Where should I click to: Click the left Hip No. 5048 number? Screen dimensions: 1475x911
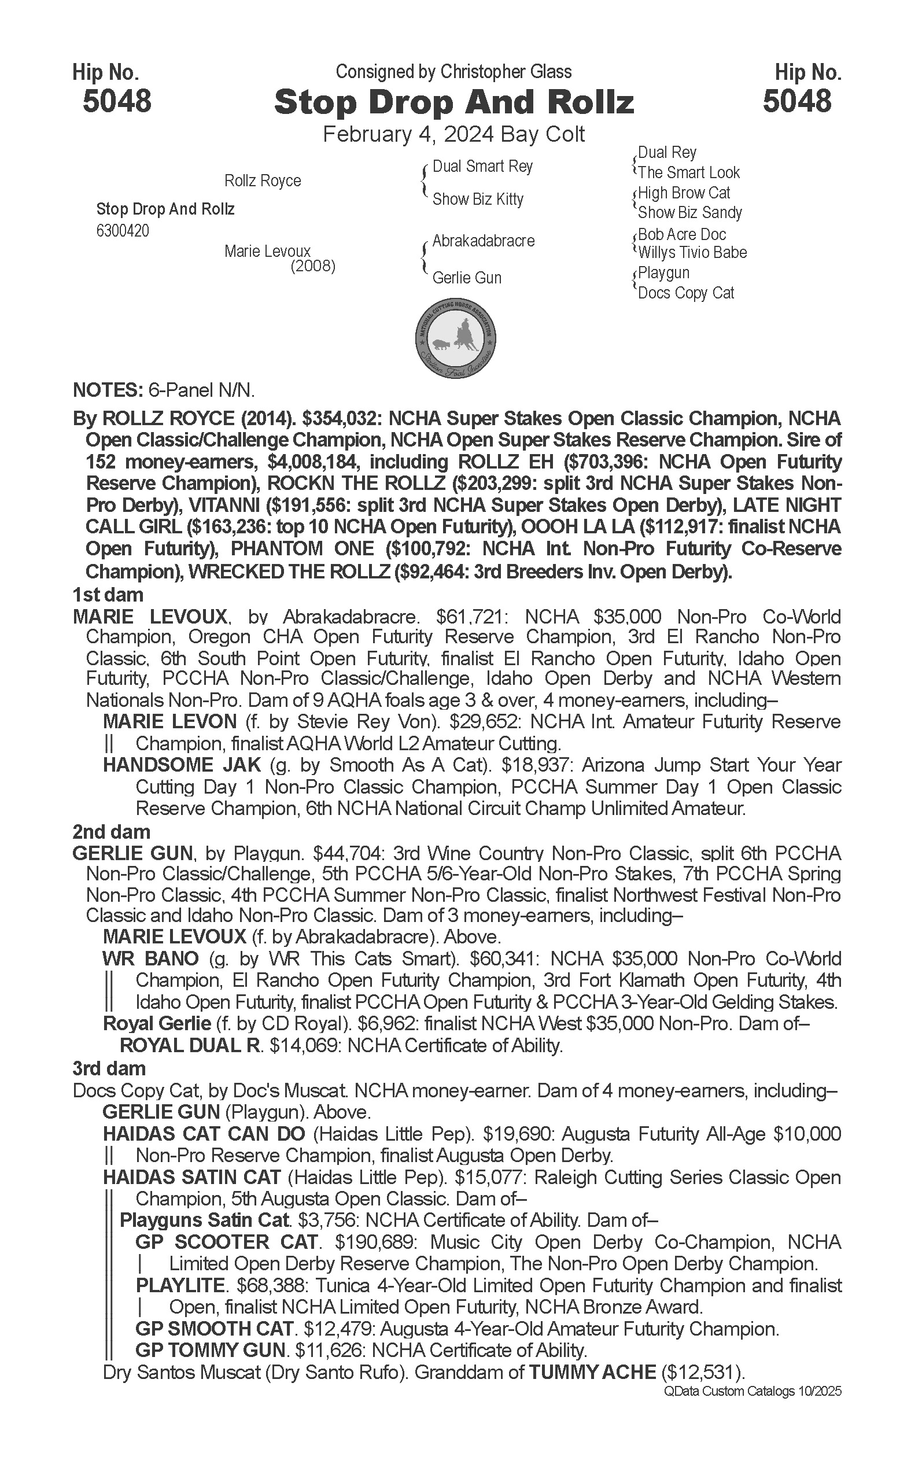pyautogui.click(x=117, y=101)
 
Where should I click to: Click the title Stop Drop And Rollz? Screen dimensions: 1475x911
pyautogui.click(x=453, y=103)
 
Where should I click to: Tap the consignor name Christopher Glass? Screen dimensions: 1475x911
pyautogui.click(x=506, y=72)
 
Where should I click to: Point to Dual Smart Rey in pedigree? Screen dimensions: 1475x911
pyautogui.click(x=482, y=167)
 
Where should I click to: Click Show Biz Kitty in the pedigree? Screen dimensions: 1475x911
pyautogui.click(x=478, y=199)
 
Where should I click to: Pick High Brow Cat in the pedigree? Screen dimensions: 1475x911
pyautogui.click(x=684, y=193)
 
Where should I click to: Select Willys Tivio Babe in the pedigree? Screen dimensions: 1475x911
pyautogui.click(x=692, y=252)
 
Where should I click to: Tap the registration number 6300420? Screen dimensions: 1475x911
pyautogui.click(x=122, y=231)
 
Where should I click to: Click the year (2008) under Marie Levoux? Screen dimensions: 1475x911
pyautogui.click(x=313, y=266)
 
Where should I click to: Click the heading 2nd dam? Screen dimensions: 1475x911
pyautogui.click(x=111, y=832)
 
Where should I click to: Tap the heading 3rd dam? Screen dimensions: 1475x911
pyautogui.click(x=109, y=1068)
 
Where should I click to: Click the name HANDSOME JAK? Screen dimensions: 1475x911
pyautogui.click(x=182, y=765)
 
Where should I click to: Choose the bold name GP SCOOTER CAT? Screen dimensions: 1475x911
pyautogui.click(x=227, y=1242)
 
